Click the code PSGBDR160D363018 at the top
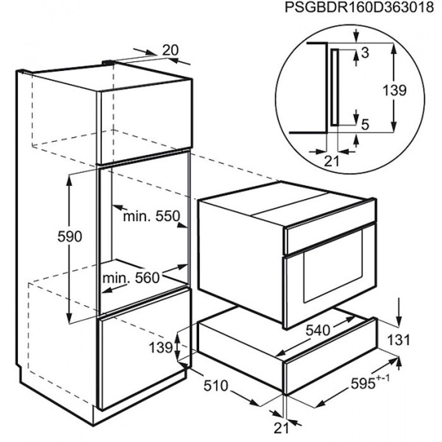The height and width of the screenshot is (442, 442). (359, 8)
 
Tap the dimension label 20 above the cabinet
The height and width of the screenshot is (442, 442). (170, 50)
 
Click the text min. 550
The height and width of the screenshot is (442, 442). (151, 217)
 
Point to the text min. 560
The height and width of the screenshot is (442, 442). (131, 278)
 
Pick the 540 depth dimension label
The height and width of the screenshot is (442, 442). (318, 330)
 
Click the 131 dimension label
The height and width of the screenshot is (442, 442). (398, 340)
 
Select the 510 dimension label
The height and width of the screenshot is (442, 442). (216, 385)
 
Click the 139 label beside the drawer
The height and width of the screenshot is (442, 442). (160, 347)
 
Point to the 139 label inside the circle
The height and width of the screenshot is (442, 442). (394, 91)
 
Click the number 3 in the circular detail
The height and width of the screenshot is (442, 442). (365, 53)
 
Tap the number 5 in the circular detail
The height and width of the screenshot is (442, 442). (365, 124)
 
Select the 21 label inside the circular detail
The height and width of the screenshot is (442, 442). (331, 161)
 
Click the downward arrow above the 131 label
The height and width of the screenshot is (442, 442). (398, 312)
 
